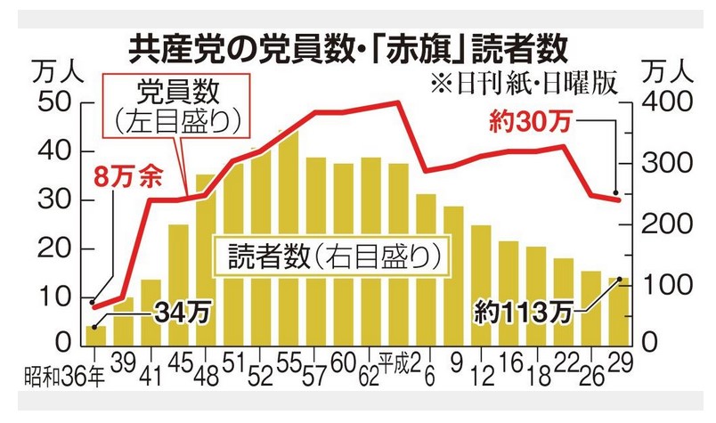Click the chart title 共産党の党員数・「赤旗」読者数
[347, 43]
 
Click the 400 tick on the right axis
[661, 102]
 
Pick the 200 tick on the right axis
[661, 224]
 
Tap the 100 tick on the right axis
[661, 284]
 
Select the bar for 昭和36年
[94, 335]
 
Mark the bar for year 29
[619, 312]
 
